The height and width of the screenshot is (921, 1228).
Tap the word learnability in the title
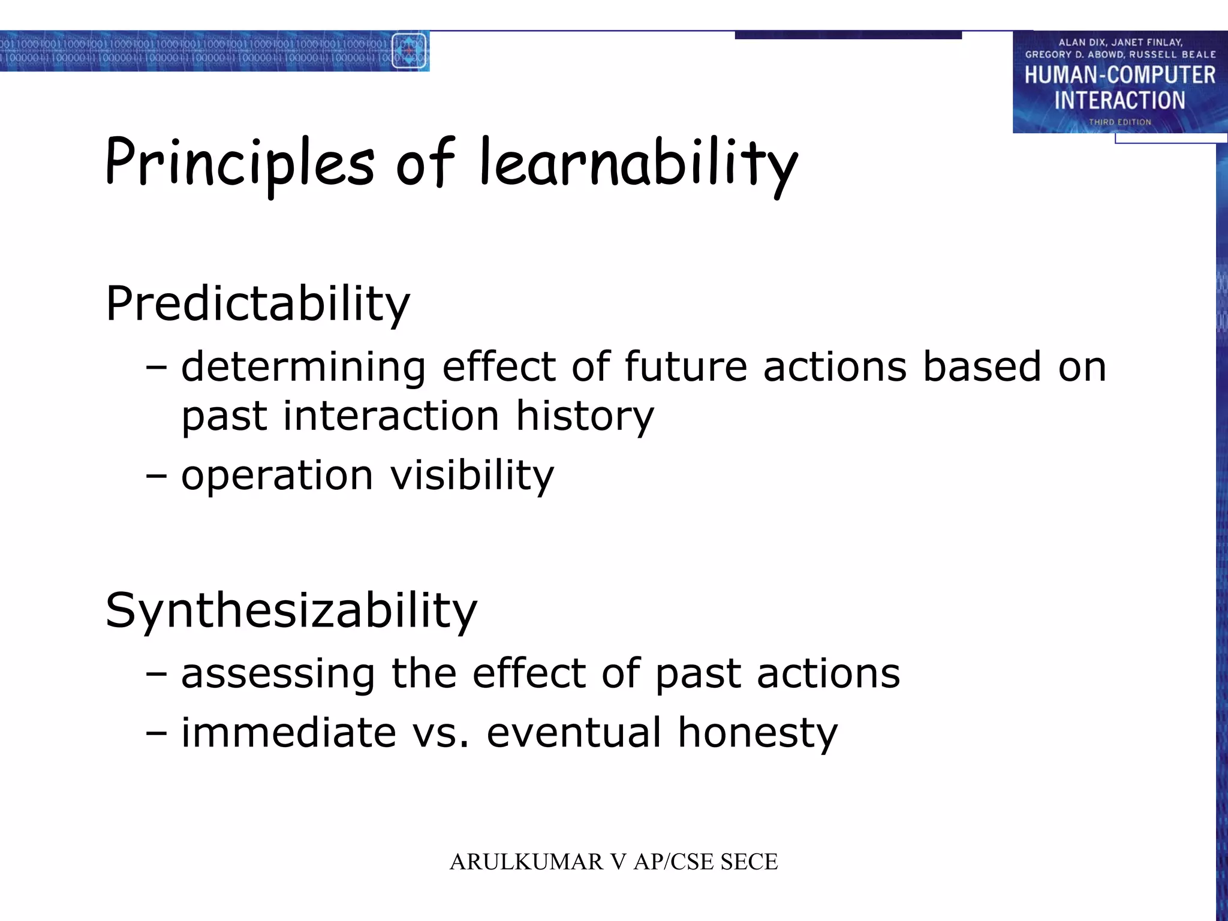(x=639, y=163)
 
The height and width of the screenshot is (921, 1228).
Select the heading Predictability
(x=258, y=303)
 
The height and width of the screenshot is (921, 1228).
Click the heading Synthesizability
(x=291, y=610)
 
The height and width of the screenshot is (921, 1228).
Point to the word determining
(x=303, y=366)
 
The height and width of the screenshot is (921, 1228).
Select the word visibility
(x=472, y=475)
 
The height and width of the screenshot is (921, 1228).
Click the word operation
(x=278, y=475)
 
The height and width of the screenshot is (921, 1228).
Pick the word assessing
(x=278, y=673)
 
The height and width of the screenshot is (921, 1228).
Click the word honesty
(x=757, y=733)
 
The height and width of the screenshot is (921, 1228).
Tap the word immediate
(x=288, y=733)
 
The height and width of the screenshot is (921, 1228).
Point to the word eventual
(x=574, y=733)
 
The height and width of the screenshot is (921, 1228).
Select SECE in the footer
(x=749, y=862)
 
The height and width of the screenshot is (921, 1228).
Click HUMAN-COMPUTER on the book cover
(x=1119, y=76)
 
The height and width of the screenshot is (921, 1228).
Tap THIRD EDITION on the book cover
(x=1119, y=122)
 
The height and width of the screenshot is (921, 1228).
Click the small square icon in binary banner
(x=409, y=51)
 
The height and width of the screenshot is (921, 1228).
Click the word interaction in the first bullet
(x=391, y=416)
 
